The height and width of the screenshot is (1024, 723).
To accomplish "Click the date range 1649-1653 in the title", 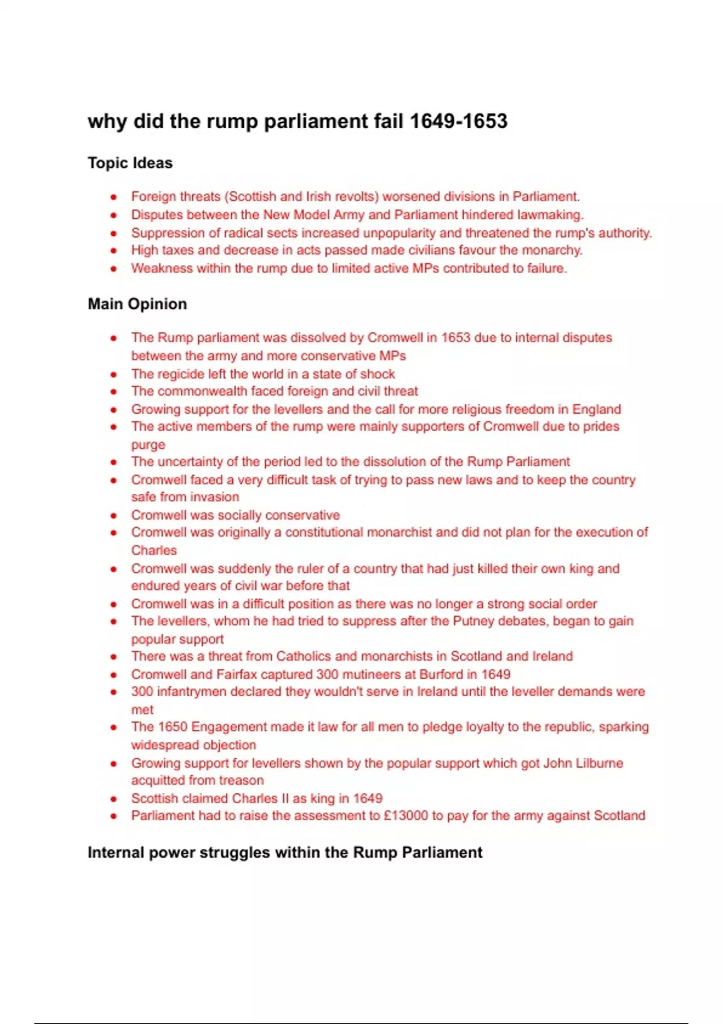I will [x=459, y=121].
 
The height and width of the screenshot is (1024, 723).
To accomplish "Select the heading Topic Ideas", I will [x=130, y=163].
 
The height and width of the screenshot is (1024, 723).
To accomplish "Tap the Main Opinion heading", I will [x=137, y=304].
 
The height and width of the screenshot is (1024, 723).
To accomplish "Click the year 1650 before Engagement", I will [x=172, y=726].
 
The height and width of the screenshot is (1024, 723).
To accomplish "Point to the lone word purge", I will [x=148, y=445].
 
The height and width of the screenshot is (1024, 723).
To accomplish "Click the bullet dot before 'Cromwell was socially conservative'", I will [x=113, y=516].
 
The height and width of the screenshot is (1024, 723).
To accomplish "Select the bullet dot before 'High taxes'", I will [x=113, y=251].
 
